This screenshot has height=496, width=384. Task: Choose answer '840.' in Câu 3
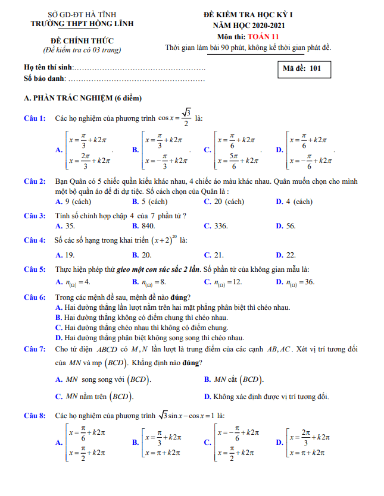pos(148,226)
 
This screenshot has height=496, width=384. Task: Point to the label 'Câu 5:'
pos(35,269)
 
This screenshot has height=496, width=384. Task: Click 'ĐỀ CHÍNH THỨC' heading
pos(82,40)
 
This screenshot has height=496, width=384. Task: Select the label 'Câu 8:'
pos(35,415)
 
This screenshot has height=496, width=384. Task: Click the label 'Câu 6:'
pos(35,297)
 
